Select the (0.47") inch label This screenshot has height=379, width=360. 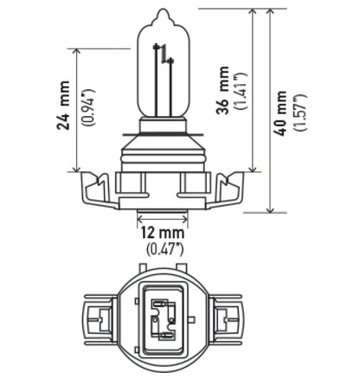(164, 249)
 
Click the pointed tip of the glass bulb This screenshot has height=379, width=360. (162, 12)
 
